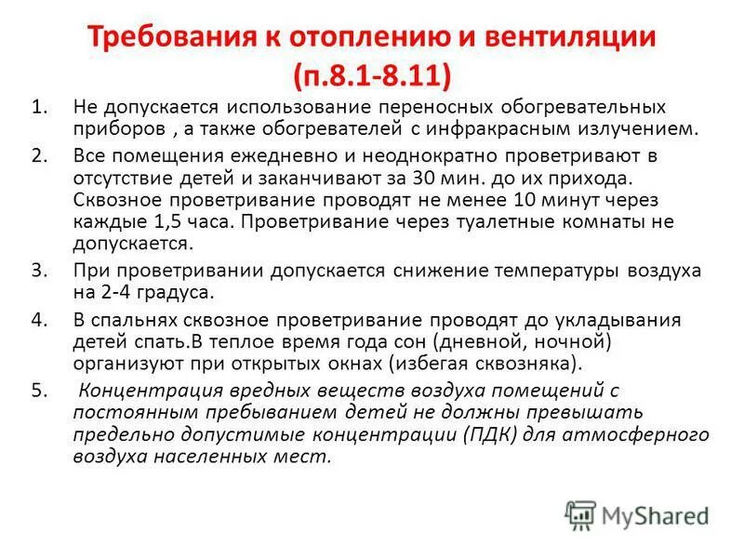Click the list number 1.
38,108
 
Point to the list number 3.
38,271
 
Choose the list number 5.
38,391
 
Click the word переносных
436,108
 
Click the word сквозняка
525,363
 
